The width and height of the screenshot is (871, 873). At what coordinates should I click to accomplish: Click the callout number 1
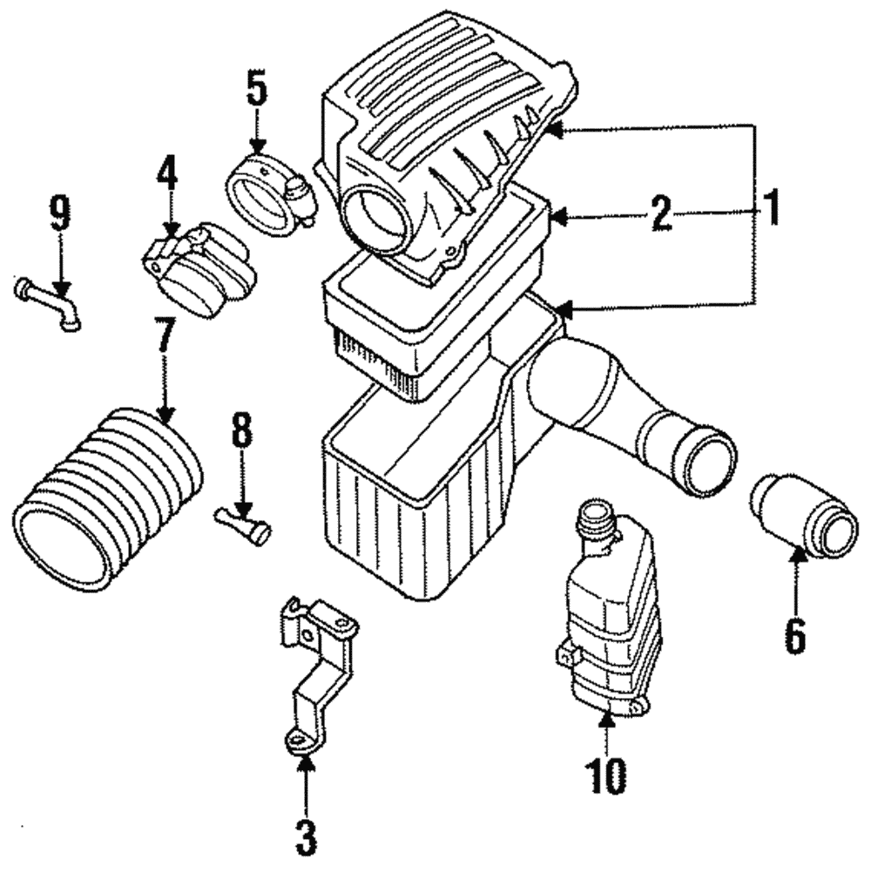pos(770,210)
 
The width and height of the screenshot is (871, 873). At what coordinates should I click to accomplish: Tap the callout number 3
pos(305,838)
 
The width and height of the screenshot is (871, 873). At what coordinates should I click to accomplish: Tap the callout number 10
pos(606,775)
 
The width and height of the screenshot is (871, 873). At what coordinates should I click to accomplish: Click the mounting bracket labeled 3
pos(318,671)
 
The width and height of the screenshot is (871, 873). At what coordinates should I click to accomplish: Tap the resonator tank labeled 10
pos(607,610)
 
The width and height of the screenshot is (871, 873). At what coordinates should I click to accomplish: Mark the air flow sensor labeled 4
pos(198,272)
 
